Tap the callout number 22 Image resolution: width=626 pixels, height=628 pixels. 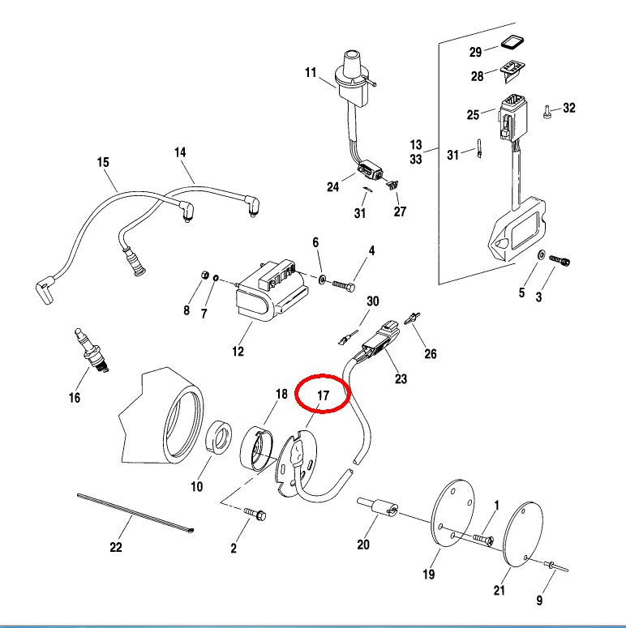[116, 548]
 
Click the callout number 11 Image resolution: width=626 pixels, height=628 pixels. [310, 73]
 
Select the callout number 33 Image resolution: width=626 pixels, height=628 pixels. [416, 160]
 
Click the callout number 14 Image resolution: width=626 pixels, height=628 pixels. [180, 152]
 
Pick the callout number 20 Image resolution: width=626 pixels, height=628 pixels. [363, 545]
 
